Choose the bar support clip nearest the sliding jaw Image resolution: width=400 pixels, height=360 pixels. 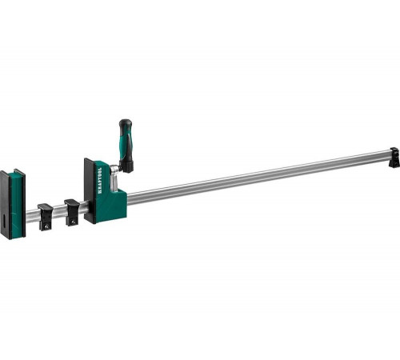pos(73,210)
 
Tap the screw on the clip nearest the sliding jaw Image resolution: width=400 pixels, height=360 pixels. pos(76,220)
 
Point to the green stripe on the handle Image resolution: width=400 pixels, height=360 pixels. pos(129,144)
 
